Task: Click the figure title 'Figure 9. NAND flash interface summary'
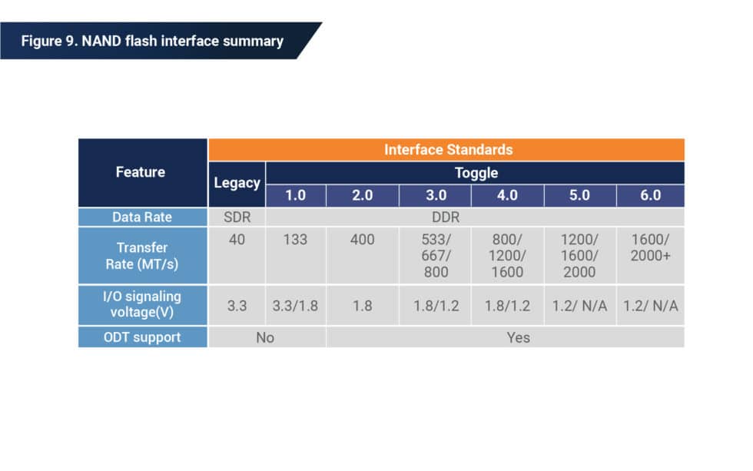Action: pos(151,41)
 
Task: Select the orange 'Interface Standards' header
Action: pos(448,149)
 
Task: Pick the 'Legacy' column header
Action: pos(237,183)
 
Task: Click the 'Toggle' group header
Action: pos(476,173)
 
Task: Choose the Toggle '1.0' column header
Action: pos(295,195)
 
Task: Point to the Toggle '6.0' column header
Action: pos(650,195)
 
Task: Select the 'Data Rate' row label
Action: pos(142,217)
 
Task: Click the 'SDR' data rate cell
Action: pos(237,217)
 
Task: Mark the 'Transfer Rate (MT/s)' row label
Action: pos(142,256)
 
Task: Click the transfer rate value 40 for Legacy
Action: pos(237,240)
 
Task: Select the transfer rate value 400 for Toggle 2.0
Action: pos(362,240)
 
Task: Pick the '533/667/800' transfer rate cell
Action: pos(434,256)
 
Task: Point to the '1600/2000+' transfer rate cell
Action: pos(650,247)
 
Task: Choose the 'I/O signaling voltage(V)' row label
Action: pos(142,305)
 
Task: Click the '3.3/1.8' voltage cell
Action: pos(295,306)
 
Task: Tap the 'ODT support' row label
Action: pos(142,337)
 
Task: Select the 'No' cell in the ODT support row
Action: pos(265,337)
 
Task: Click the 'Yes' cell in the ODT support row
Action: pos(518,337)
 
